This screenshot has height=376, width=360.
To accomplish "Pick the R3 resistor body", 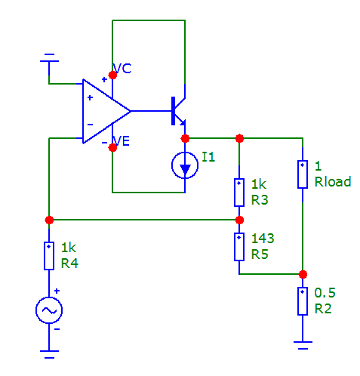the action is point(239,193).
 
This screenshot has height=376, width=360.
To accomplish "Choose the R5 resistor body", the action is point(239,247).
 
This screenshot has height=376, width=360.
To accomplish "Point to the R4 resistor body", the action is point(49,256).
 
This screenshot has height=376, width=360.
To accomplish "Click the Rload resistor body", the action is point(303,174).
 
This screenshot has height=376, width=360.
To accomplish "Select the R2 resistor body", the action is point(303,301).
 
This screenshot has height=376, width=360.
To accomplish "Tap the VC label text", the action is point(122,69).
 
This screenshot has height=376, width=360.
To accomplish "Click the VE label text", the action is point(122,141).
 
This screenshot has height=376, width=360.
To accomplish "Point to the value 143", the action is point(263,239).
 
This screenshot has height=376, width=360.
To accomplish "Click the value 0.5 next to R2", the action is point(325,293).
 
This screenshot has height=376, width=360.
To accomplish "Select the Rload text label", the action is point(333,181).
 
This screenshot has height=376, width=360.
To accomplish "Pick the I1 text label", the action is point(208,157).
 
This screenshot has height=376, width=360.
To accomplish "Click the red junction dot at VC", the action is point(112,75).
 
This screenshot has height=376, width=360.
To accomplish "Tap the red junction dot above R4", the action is point(49,220).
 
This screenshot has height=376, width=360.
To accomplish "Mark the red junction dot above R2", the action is point(303,274).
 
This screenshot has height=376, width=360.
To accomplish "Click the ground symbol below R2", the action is point(303,345).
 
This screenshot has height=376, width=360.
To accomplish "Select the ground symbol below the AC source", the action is point(49,354).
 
